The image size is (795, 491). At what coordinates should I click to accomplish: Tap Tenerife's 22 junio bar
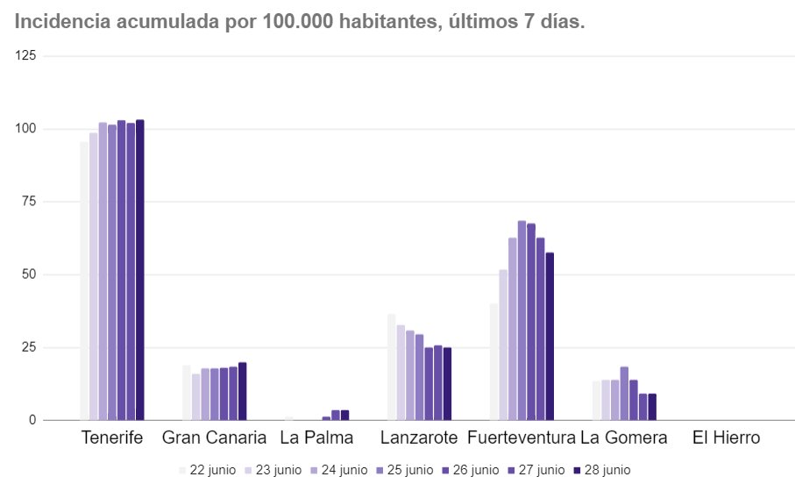[84, 281]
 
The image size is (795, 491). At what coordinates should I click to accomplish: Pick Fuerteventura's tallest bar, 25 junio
[522, 321]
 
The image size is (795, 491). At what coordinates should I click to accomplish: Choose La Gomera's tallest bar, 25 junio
[624, 394]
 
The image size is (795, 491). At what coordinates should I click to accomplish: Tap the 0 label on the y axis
[32, 421]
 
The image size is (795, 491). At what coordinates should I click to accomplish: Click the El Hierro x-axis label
[725, 438]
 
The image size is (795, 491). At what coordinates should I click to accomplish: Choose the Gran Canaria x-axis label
[214, 438]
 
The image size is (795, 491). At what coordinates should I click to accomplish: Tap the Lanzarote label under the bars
[419, 438]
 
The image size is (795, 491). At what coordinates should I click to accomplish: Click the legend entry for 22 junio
[207, 470]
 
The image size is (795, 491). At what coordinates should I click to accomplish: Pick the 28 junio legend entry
[601, 470]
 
